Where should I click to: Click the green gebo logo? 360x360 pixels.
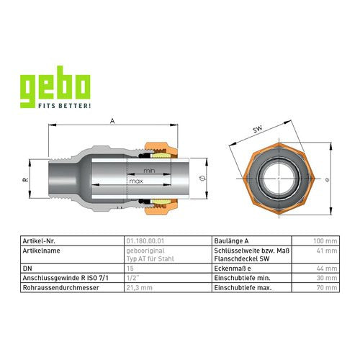click(x=55, y=87)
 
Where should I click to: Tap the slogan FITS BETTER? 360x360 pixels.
click(x=65, y=106)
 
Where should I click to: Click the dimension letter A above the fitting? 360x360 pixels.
click(x=112, y=121)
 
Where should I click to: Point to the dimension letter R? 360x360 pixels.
click(x=26, y=179)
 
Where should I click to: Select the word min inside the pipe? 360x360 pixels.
click(x=149, y=171)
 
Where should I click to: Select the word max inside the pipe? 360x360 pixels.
click(x=136, y=181)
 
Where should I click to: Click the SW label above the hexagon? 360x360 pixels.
click(x=258, y=130)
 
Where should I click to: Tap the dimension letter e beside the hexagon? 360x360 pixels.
click(x=328, y=180)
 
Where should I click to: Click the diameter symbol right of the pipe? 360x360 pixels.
click(x=202, y=179)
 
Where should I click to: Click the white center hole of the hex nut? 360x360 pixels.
click(x=279, y=179)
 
